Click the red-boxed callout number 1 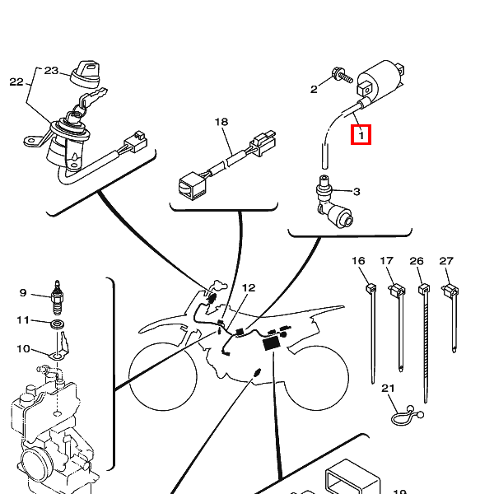pos(361,135)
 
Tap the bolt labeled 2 pos(342,75)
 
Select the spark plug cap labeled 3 pos(333,202)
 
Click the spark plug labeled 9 pos(58,297)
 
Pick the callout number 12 pos(249,288)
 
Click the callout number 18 pos(221,122)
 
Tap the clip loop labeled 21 pos(407,416)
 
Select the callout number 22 pos(16,82)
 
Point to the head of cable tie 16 pos(371,288)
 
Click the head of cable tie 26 pos(424,289)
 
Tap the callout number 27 pos(446,261)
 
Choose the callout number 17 pos(387,261)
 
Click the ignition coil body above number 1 pos(380,81)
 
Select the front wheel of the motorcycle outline pos(163,376)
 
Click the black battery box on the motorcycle pos(272,343)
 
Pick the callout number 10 pos(23,349)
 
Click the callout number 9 pos(23,292)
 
